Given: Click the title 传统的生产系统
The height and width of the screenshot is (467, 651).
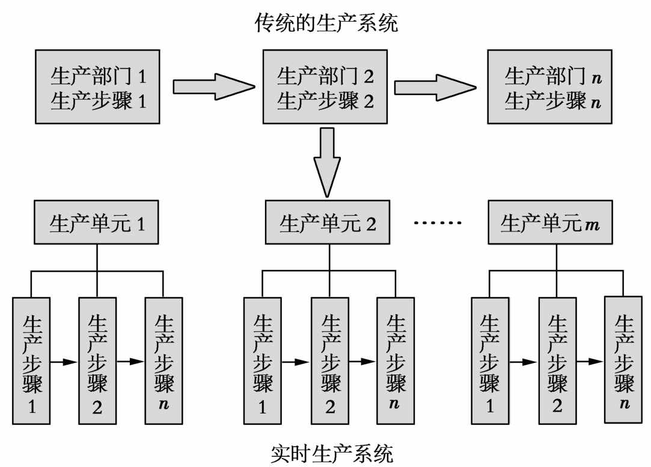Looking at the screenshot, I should [326, 23].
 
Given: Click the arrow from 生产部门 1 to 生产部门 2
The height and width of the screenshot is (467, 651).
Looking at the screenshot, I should [211, 88].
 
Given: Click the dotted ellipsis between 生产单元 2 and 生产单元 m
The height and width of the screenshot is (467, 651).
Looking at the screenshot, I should [438, 224].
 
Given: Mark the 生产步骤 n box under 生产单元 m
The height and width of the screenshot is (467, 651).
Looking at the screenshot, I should [625, 358].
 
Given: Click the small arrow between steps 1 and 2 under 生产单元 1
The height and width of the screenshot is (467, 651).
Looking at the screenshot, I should [64, 362].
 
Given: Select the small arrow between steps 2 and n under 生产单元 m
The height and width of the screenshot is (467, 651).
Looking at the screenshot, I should [590, 362].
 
